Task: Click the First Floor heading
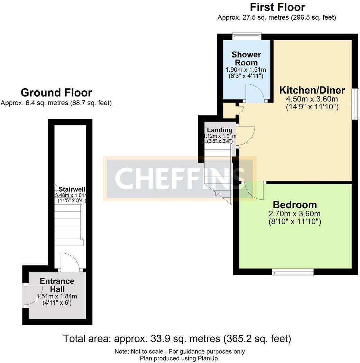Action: coord(277,7)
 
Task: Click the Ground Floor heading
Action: coord(56,93)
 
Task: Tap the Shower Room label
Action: coord(246,58)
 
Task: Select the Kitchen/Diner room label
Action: coord(312,90)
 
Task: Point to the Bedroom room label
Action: coord(295,205)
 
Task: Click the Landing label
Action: coord(220,130)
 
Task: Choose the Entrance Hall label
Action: coord(57,285)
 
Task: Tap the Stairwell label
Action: coord(72,189)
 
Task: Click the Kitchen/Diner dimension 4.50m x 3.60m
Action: coord(312,99)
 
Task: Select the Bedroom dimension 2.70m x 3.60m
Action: coord(295,214)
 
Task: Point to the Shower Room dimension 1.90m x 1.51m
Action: coord(246,70)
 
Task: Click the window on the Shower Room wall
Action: coord(247,36)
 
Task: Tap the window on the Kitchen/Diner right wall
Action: coord(356,104)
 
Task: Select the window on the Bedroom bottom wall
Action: coord(293,272)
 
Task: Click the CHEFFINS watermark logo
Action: coord(179,178)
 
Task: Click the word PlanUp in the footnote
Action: coord(208,359)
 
